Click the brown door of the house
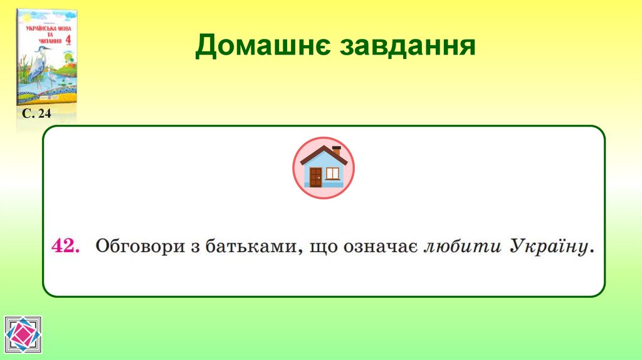coord(315,177)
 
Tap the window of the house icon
coord(332,173)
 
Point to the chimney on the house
coord(336,151)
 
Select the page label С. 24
coord(36,114)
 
